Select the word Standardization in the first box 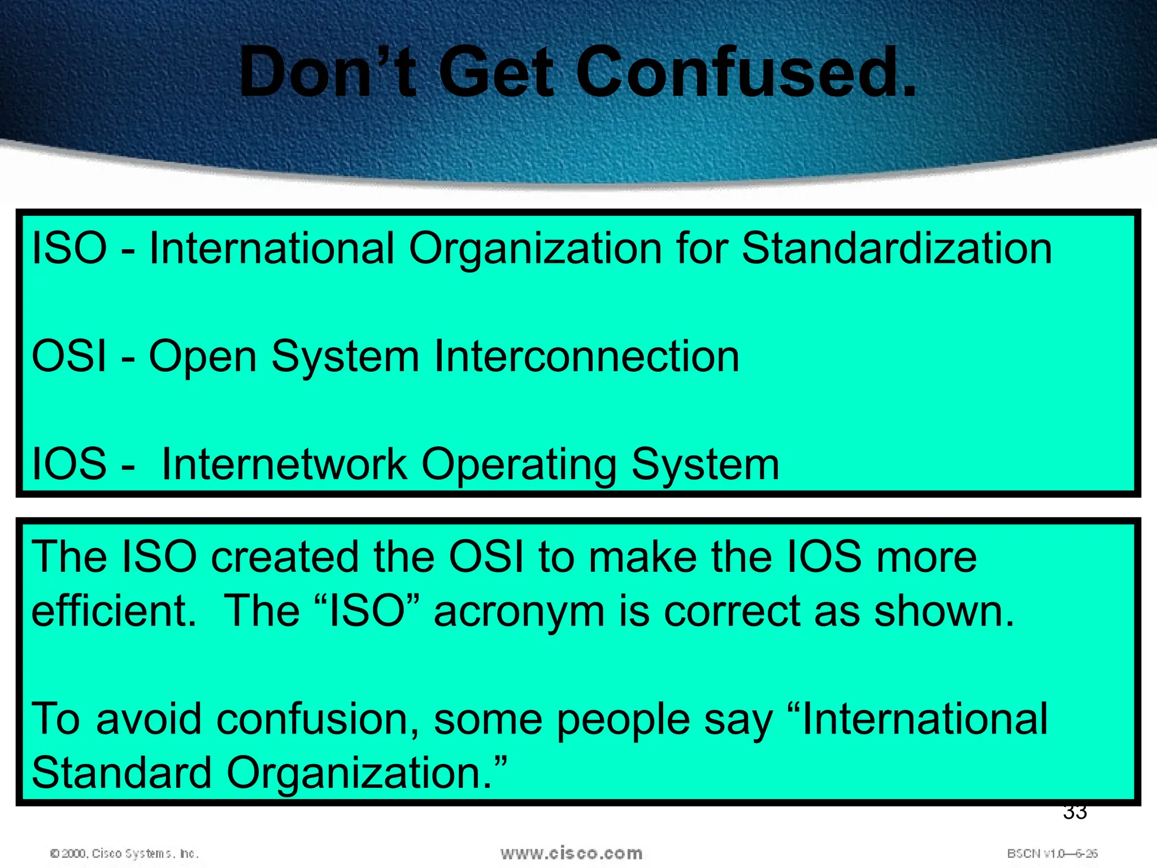point(897,249)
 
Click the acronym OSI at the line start point(69,357)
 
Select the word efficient point(113,611)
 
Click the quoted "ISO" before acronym point(366,611)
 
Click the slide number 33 point(1075,813)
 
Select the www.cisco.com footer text point(571,853)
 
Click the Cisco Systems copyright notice point(124,853)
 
